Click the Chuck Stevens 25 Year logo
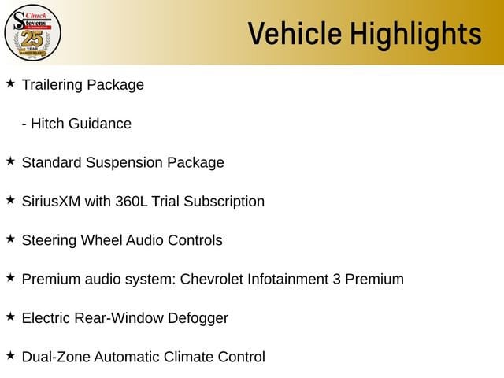coord(32,32)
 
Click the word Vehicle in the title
coord(295,33)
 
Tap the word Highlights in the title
coord(416,35)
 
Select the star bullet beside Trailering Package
coord(10,83)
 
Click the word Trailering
coord(52,85)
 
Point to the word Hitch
coord(47,124)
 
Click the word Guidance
coord(100,124)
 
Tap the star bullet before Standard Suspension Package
coord(10,161)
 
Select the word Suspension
coord(124,163)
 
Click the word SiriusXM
coord(51,202)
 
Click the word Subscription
coord(224,202)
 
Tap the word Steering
coord(49,241)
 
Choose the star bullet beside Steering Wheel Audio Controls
coord(10,239)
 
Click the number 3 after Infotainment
coord(336,280)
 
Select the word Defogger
coord(198,318)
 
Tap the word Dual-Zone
coord(56,357)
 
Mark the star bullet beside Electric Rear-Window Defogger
coord(10,317)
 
